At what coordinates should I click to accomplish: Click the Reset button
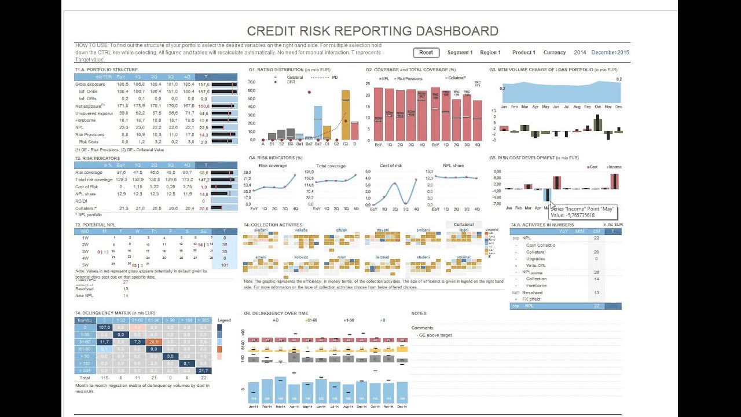[426, 53]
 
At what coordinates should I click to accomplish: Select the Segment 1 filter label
[460, 53]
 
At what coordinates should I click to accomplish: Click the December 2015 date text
[610, 53]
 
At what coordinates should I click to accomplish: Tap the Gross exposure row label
[90, 85]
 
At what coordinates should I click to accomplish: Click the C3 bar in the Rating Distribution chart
[346, 115]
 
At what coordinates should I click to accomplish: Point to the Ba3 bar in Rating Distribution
[318, 122]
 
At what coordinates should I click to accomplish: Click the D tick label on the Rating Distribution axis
[354, 144]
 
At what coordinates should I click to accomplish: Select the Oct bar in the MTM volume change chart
[597, 123]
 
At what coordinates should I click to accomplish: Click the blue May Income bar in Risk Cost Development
[546, 195]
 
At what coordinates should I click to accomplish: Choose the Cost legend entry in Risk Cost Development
[591, 167]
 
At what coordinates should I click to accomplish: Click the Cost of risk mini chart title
[390, 166]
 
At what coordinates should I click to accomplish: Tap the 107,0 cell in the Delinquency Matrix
[104, 327]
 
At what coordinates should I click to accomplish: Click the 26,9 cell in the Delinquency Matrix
[153, 342]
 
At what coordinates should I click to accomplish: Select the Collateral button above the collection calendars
[463, 225]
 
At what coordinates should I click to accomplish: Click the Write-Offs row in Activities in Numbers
[535, 265]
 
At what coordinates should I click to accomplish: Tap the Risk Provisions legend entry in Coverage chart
[410, 78]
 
